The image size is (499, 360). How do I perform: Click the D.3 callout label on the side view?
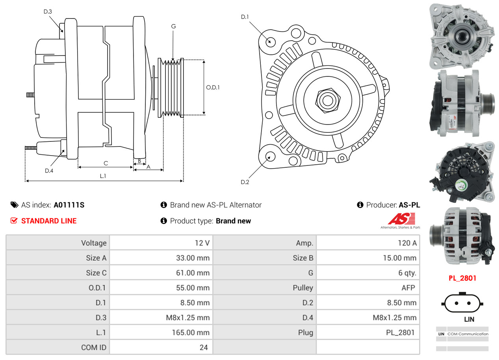point(48,11)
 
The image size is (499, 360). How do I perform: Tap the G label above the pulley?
point(173,26)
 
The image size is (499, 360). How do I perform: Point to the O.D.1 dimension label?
point(213,87)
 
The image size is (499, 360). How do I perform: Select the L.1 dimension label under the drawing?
point(102,176)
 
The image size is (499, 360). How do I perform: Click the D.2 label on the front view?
point(245,182)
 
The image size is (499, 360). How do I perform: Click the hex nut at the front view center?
point(327,100)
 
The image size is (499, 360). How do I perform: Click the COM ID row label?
point(94,347)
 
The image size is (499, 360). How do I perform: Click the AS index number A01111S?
point(69,205)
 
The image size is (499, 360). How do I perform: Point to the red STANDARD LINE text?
point(49,221)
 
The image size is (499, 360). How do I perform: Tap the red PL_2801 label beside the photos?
point(462,278)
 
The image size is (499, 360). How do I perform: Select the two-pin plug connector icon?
point(462,303)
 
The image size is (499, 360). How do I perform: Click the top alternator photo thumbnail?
point(462,35)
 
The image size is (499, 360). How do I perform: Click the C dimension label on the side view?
point(106,163)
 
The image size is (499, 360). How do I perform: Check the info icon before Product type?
point(164,221)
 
